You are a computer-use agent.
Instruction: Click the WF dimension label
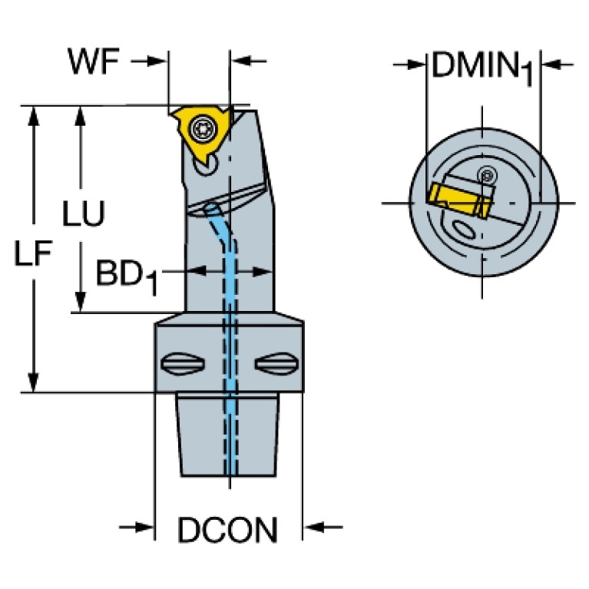(x=94, y=61)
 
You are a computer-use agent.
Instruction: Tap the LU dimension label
(x=84, y=215)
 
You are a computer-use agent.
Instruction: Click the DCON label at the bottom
(x=228, y=529)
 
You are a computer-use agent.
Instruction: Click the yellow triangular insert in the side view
(x=197, y=134)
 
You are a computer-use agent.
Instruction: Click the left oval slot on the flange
(x=184, y=362)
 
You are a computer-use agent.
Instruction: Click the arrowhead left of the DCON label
(x=146, y=527)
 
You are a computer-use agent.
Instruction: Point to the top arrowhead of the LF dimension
(x=33, y=116)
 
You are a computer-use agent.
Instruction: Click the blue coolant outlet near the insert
(x=211, y=209)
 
